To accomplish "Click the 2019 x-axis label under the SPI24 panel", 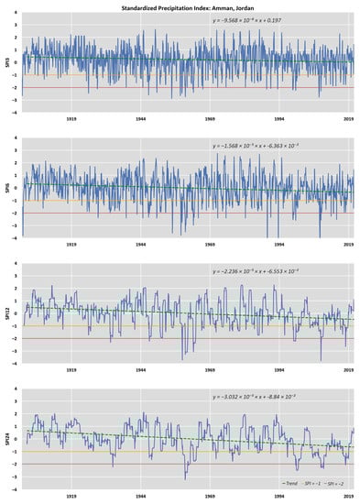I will (x=348, y=496).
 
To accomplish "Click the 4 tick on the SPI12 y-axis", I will (x=17, y=263).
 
